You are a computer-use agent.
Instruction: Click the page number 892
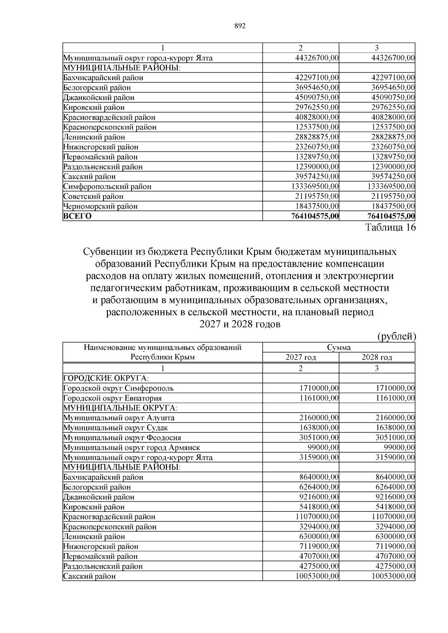point(240,26)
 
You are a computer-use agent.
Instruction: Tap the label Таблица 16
point(390,228)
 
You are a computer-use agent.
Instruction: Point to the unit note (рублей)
point(396,336)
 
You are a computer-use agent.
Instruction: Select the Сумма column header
point(339,347)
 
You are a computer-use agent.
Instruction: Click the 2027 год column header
point(301,357)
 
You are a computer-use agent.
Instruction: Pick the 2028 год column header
point(377,357)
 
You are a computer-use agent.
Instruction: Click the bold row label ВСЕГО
point(77,216)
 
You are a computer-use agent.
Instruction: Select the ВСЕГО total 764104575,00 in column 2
point(315,216)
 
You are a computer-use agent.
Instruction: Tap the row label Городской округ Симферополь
point(118,388)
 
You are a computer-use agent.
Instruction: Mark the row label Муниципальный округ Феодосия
point(122,438)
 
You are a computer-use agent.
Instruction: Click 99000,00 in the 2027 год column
point(323,447)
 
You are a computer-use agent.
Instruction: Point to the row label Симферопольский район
point(107,186)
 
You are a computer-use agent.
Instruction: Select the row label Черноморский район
point(100,206)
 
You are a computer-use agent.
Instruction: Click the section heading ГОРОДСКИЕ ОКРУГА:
point(101,378)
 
